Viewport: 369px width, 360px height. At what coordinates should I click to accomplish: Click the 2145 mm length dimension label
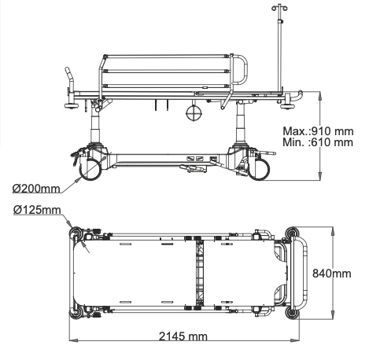183,336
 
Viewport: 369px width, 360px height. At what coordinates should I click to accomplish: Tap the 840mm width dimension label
331,274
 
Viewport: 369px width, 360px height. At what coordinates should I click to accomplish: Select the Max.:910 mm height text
318,131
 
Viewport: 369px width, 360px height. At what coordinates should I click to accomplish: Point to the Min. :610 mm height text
318,142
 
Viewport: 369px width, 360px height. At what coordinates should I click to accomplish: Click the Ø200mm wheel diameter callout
36,189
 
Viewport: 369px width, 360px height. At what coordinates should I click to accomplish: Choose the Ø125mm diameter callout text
37,210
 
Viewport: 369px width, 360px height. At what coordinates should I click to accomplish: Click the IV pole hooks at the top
279,7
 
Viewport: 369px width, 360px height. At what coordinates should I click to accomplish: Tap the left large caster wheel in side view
90,168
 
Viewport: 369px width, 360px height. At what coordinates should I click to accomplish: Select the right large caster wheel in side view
259,169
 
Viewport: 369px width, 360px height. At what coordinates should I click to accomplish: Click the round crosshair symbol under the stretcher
194,112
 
